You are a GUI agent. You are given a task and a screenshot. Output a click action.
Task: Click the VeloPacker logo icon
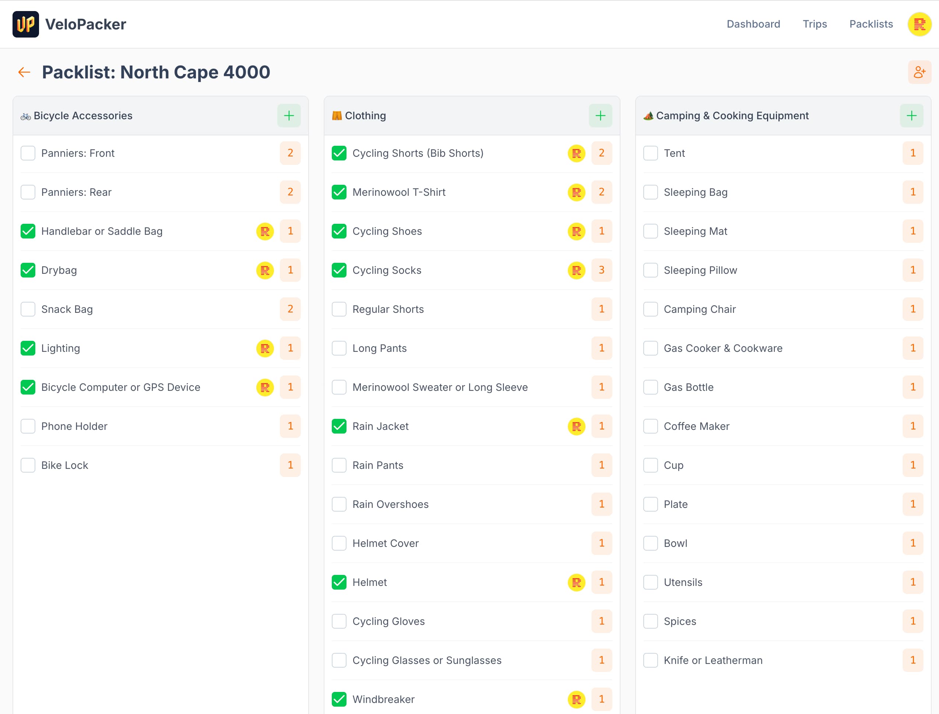[25, 24]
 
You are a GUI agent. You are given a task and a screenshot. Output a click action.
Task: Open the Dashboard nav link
[753, 24]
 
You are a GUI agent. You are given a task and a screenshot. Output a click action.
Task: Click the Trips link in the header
[815, 24]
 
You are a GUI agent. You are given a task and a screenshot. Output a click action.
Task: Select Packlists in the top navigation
[871, 24]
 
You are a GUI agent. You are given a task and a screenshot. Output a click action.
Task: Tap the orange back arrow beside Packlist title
[24, 72]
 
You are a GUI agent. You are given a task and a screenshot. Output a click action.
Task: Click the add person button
[919, 72]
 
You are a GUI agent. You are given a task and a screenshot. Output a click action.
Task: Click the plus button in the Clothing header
[600, 116]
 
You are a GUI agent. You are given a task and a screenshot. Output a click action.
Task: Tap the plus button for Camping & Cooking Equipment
[911, 116]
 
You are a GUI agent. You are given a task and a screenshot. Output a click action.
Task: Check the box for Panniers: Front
[28, 153]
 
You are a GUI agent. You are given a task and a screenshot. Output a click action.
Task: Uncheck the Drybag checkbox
[28, 270]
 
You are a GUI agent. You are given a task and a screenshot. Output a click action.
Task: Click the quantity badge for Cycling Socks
[601, 270]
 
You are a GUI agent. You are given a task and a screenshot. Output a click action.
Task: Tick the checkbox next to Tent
[650, 153]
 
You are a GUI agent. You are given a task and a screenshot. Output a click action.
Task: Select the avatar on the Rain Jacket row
[576, 426]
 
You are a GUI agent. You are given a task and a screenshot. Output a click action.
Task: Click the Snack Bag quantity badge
[290, 309]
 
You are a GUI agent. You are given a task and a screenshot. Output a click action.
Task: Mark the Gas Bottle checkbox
[650, 387]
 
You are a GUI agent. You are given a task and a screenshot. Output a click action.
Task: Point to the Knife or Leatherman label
[713, 660]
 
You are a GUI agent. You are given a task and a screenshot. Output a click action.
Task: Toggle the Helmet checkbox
[339, 582]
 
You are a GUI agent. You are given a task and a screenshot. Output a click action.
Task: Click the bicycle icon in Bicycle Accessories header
[25, 116]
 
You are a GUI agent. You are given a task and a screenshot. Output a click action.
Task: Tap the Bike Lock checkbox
[28, 465]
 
